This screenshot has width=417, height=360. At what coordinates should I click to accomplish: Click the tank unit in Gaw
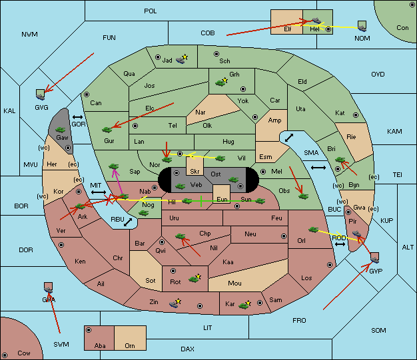(61, 130)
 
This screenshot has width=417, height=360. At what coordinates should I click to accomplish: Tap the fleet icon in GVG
(41, 94)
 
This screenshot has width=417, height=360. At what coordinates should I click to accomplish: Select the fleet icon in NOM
(362, 27)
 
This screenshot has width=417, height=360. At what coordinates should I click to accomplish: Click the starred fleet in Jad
(182, 59)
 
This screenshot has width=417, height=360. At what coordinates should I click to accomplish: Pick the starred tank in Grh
(222, 82)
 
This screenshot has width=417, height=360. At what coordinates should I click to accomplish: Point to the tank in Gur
(107, 130)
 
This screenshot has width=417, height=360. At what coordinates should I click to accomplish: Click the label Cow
(24, 353)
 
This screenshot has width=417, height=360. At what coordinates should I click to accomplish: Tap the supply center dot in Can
(87, 94)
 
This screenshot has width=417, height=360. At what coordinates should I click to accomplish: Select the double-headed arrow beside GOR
(77, 117)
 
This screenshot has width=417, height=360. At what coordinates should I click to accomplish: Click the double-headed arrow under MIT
(99, 192)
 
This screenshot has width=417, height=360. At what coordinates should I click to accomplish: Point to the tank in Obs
(303, 196)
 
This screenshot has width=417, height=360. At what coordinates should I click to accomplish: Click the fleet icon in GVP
(374, 258)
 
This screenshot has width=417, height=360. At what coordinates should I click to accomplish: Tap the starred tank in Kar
(244, 305)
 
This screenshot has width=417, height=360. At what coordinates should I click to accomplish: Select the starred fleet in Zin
(175, 303)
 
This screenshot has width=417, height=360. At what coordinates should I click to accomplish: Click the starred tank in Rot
(195, 278)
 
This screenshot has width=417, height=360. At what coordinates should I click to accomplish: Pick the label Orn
(130, 345)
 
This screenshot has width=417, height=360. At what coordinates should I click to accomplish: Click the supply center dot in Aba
(89, 330)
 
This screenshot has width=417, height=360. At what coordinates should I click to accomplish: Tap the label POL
(151, 11)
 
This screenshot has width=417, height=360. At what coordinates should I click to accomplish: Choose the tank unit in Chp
(180, 236)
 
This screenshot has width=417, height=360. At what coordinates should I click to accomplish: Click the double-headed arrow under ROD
(340, 244)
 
